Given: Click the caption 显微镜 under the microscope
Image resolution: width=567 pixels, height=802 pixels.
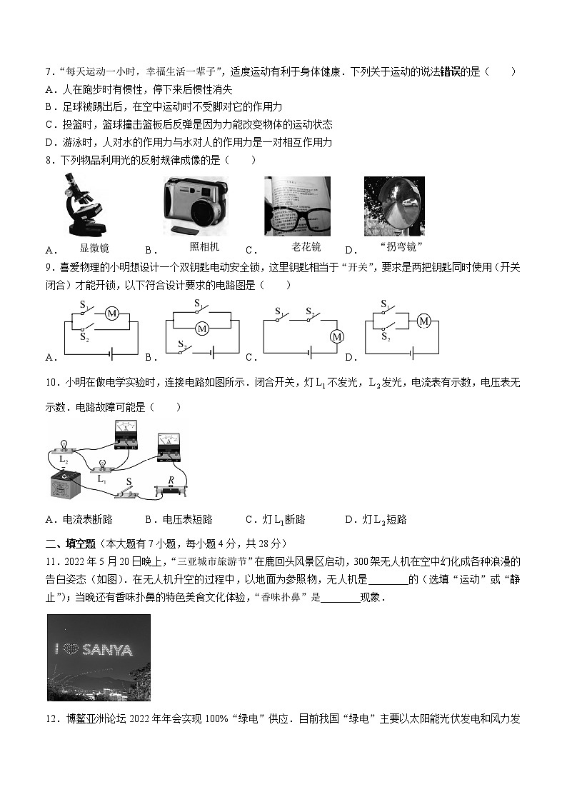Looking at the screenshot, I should coord(94,248).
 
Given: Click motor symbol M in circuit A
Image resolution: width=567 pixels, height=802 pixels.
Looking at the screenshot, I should coord(111,313).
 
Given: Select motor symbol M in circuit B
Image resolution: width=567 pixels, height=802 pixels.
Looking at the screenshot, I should coord(202,329).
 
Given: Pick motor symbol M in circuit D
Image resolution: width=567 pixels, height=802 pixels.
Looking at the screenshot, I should coord(424,321).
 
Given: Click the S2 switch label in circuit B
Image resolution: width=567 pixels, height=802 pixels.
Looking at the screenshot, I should coord(182,345).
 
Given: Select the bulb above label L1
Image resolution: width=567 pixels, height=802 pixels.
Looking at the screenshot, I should coord(102,465).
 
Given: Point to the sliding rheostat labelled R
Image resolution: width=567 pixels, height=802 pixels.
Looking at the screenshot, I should coord(171,490).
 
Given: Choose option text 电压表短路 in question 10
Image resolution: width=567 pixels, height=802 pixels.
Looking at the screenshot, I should coord(188,519).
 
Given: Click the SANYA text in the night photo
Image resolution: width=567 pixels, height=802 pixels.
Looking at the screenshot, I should coord(108,650).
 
